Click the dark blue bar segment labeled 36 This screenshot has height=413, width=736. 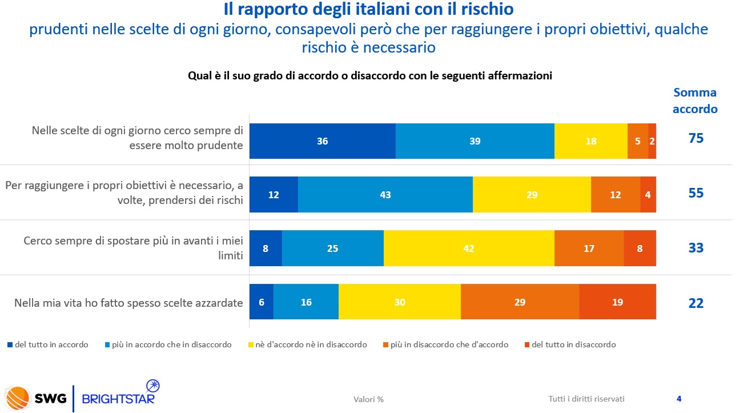[323, 141]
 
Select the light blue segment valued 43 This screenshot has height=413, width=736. [385, 195]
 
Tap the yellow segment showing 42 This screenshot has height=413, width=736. [469, 248]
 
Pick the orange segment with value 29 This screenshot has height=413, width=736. [520, 302]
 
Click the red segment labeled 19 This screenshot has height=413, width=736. [617, 302]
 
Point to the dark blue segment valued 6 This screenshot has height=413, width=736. [262, 302]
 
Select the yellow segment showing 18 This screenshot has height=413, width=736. [590, 141]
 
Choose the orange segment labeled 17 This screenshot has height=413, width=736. [589, 248]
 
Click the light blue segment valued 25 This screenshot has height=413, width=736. [332, 248]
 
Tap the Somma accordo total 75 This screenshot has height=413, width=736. [695, 139]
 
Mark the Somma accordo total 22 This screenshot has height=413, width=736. [695, 303]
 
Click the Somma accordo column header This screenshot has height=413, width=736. [695, 101]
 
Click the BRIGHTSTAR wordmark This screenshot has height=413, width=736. [118, 398]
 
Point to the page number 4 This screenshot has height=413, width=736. [679, 399]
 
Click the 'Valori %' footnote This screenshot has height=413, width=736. [368, 399]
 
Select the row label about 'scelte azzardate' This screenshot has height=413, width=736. [128, 303]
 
